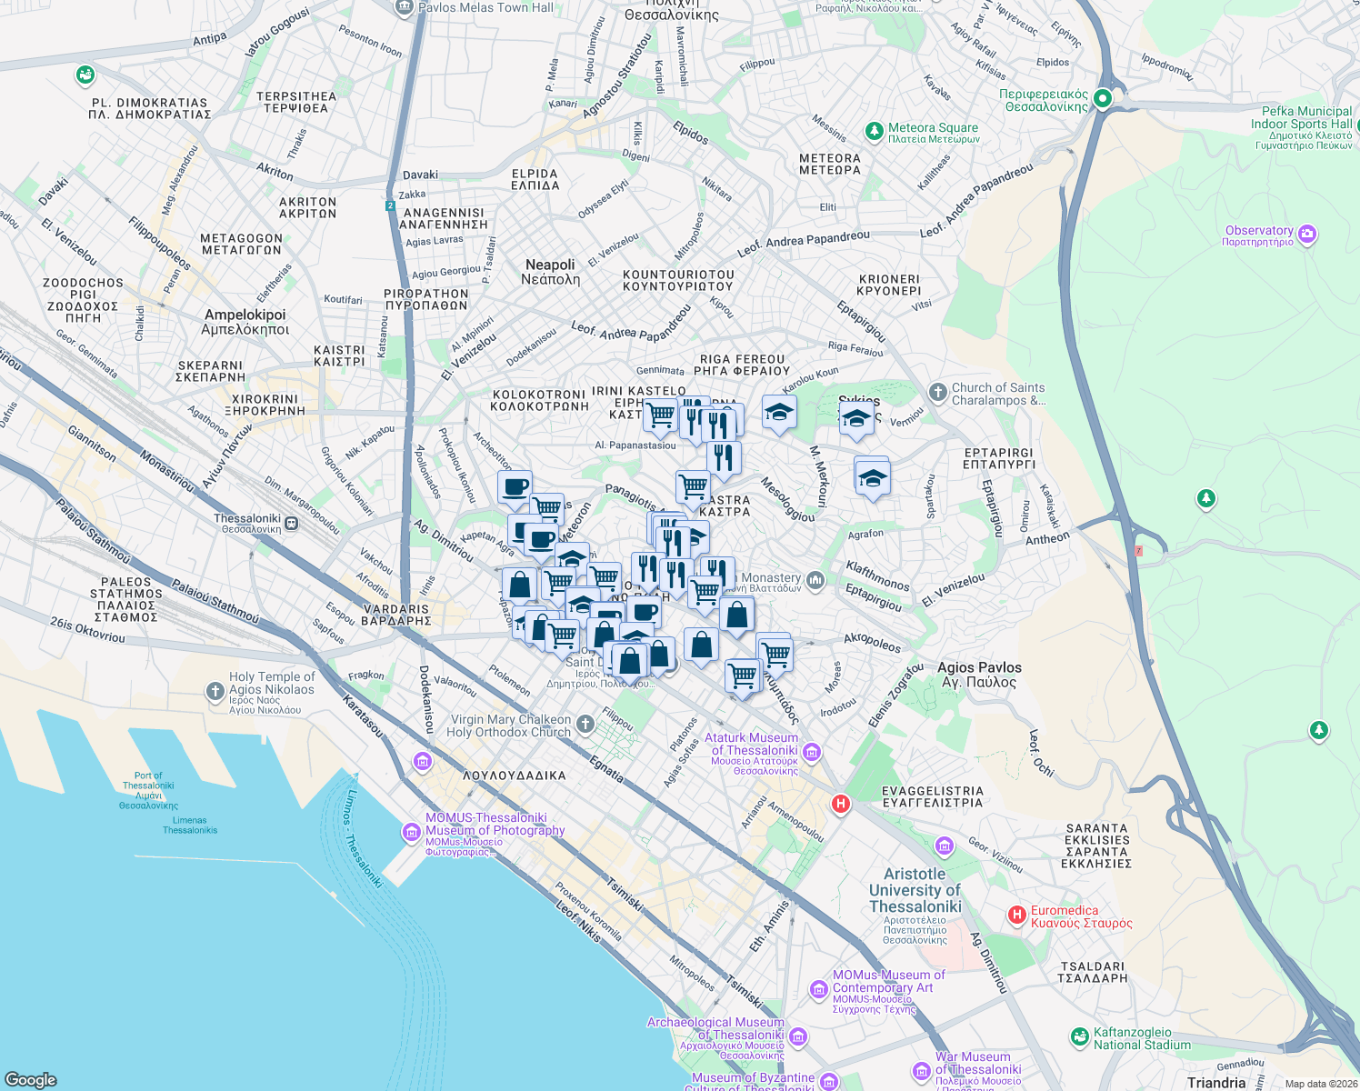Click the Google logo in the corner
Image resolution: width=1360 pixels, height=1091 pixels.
click(x=31, y=1079)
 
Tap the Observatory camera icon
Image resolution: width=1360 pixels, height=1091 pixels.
click(x=1307, y=235)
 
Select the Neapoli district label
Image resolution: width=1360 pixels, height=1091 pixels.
click(x=550, y=272)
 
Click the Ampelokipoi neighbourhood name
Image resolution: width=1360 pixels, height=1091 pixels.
click(x=245, y=322)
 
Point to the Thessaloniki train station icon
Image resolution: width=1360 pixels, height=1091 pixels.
click(x=291, y=524)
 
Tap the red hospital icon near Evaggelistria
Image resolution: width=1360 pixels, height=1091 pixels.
click(x=841, y=804)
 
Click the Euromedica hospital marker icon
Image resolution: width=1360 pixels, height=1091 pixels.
click(x=1017, y=915)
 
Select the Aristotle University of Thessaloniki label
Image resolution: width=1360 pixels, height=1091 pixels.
click(x=915, y=890)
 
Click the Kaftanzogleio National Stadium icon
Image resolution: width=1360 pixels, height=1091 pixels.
click(x=1079, y=1036)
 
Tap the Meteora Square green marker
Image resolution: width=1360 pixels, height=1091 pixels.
click(x=874, y=132)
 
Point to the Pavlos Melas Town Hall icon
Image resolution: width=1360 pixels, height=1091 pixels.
click(x=405, y=7)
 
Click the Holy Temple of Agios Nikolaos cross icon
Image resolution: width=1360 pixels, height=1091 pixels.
click(x=215, y=692)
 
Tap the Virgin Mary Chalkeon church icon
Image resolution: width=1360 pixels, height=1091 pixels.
click(x=585, y=725)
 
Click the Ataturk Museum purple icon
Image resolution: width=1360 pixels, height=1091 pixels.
click(x=812, y=752)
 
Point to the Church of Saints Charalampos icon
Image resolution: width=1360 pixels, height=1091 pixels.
click(x=937, y=393)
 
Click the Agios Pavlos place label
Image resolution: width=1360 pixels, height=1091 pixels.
click(x=979, y=675)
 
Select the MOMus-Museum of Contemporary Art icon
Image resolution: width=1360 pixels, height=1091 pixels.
click(x=819, y=989)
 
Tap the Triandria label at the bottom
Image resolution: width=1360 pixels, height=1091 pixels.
click(x=1216, y=1082)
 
